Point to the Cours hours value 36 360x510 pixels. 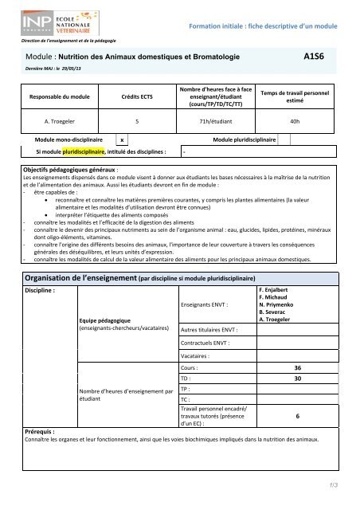(297, 368)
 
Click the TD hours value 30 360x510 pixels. (297, 379)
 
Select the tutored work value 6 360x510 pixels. (297, 415)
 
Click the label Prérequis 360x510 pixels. (40, 431)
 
